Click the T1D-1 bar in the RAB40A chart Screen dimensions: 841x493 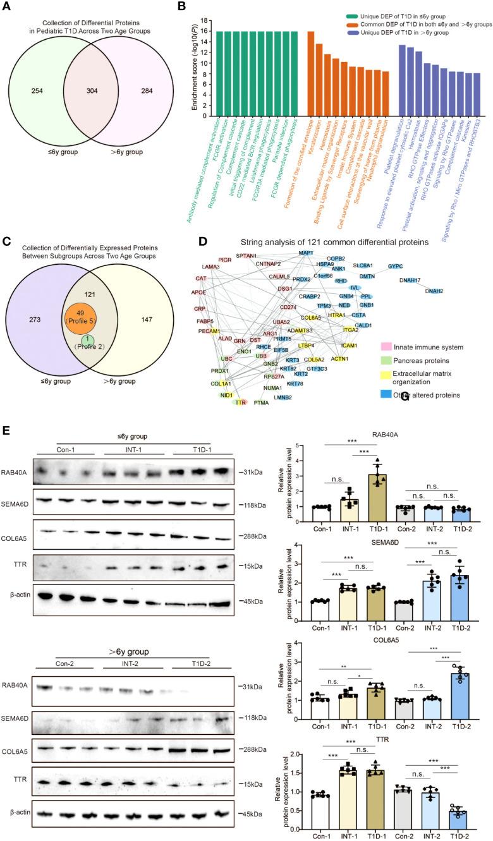[377, 480]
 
